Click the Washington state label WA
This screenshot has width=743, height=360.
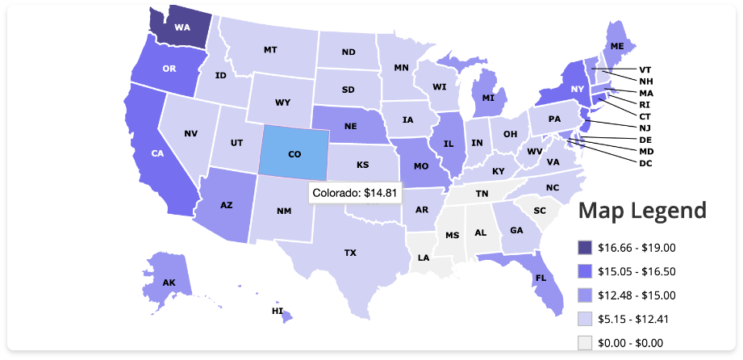click(x=182, y=27)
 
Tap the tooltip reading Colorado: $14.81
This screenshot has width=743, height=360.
click(x=354, y=193)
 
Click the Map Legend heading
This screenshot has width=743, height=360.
click(x=642, y=211)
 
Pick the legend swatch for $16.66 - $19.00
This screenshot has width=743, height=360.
click(x=585, y=248)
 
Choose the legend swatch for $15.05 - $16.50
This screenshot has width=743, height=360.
click(x=585, y=272)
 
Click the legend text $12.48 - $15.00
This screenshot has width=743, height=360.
click(x=637, y=295)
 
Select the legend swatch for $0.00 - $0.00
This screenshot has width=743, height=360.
click(x=585, y=343)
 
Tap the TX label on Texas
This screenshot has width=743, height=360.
click(x=350, y=253)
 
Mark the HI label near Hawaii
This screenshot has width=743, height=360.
click(x=278, y=311)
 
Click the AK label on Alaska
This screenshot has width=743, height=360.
click(x=169, y=283)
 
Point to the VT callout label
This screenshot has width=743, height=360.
click(x=645, y=69)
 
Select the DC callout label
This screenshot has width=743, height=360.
click(x=645, y=163)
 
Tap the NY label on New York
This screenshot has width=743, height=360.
click(x=577, y=89)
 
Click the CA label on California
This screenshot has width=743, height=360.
click(x=157, y=153)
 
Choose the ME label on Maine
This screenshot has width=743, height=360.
click(x=617, y=47)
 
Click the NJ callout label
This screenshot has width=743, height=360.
click(x=645, y=128)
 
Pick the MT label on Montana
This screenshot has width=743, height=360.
click(x=270, y=50)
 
